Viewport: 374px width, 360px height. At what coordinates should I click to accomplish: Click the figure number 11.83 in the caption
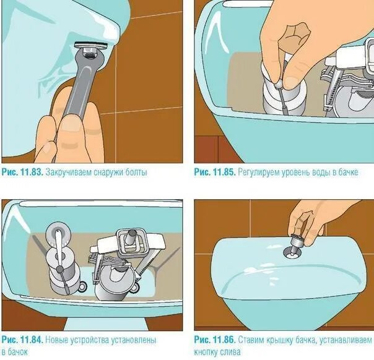(x=32, y=172)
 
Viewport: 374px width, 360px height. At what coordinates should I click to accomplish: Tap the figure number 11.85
(x=224, y=172)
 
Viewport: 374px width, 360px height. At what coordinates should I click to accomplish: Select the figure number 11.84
(x=32, y=340)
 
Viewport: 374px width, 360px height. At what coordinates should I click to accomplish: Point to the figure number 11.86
(x=224, y=340)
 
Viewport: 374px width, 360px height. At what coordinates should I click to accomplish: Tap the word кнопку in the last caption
(x=206, y=352)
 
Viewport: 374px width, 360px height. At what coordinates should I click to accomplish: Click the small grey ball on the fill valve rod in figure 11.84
(x=59, y=269)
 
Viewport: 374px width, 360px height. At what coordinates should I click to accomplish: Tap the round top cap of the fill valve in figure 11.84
(x=59, y=235)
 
